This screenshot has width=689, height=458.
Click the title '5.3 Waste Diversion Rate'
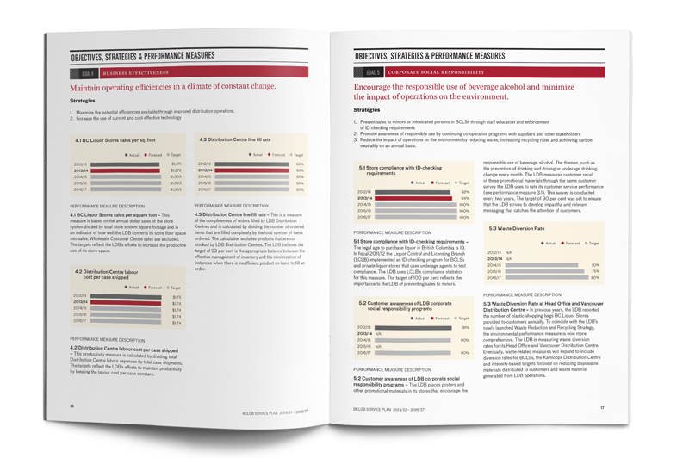(517, 228)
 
